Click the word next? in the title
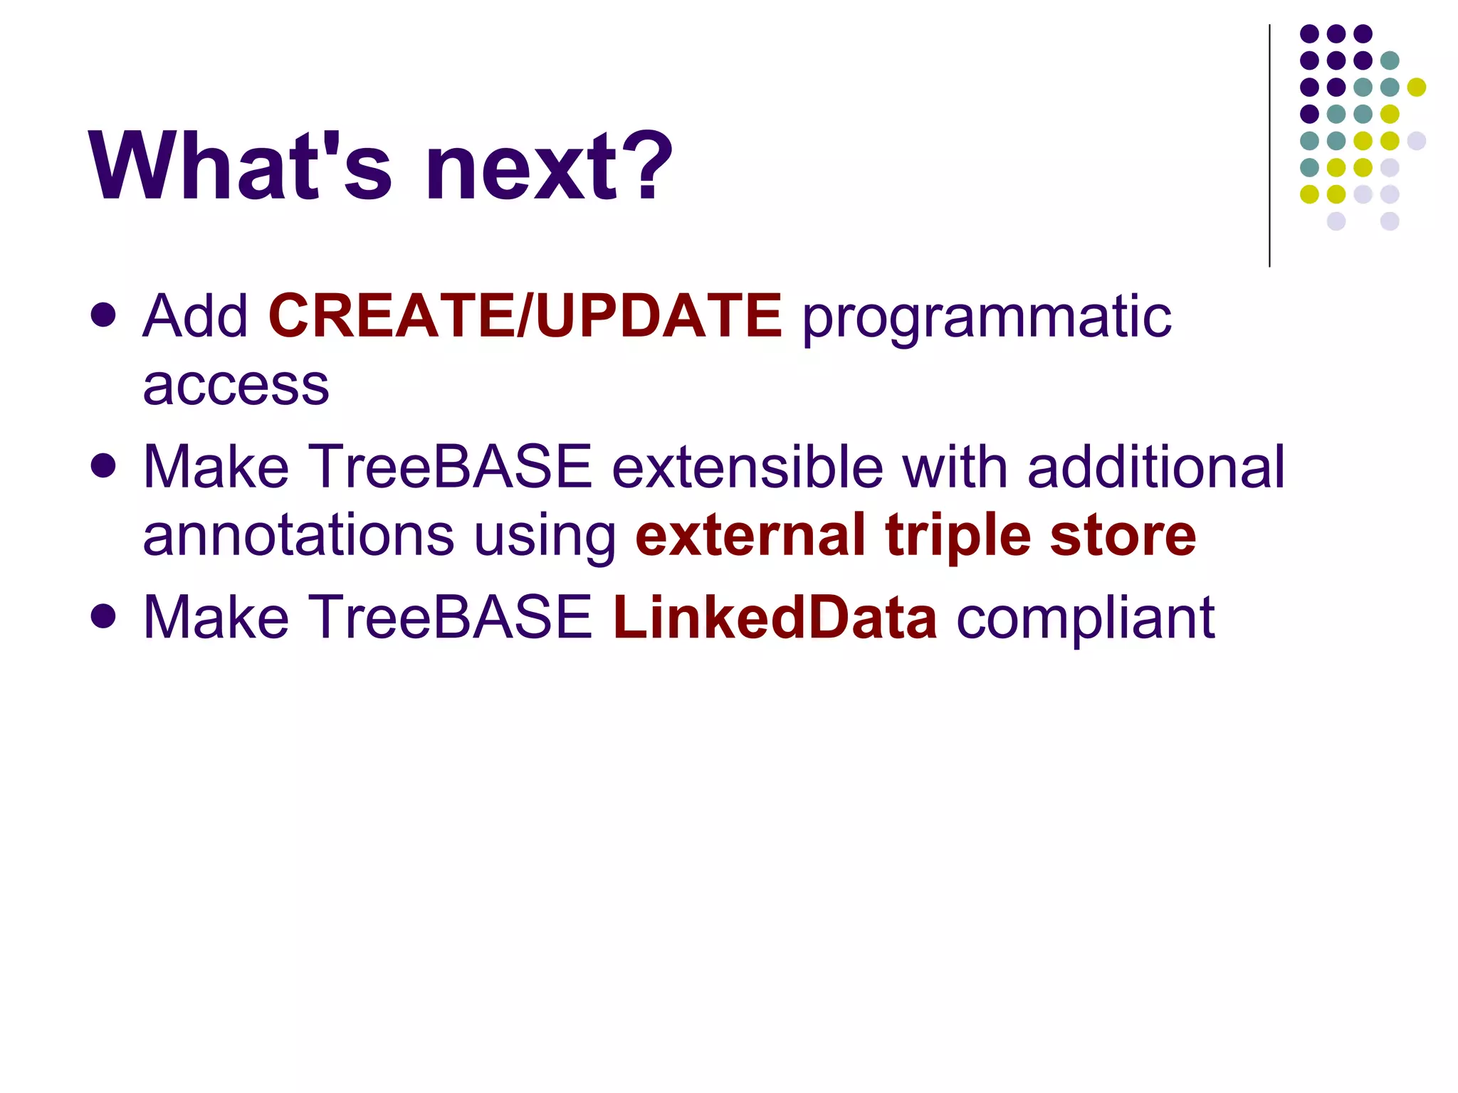tap(548, 168)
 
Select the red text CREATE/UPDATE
tap(525, 316)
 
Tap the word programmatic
tap(987, 319)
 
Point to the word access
tap(236, 386)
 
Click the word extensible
tap(748, 467)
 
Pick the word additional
tap(1156, 467)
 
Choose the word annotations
tap(298, 536)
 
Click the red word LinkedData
tap(775, 617)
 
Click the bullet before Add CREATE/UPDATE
tap(104, 315)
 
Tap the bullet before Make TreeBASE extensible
tap(104, 466)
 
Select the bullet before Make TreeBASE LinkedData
tap(104, 616)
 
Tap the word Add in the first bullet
tap(195, 316)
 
